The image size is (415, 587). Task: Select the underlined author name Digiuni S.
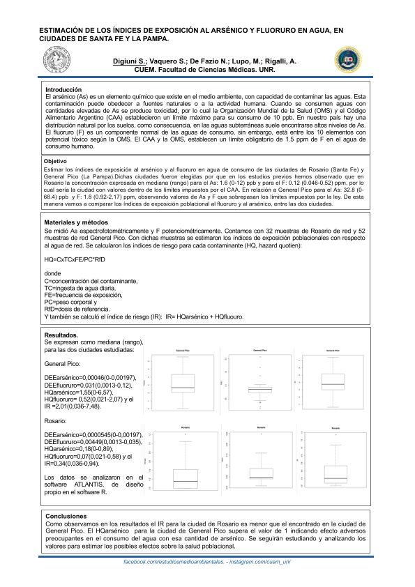[130, 62]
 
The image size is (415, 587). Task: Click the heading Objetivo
[55, 142]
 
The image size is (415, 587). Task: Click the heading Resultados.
[61, 335]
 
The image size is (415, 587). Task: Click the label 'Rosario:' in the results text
[56, 422]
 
